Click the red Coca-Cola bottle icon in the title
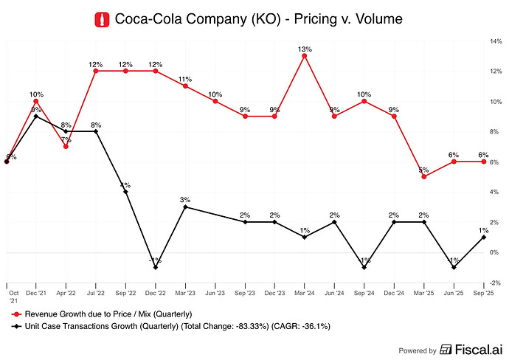(103, 19)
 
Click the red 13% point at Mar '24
(305, 56)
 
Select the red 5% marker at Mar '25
(424, 176)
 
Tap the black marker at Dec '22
(156, 267)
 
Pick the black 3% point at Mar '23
(185, 207)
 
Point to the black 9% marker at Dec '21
(36, 116)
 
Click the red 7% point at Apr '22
(66, 146)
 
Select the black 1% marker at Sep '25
(484, 237)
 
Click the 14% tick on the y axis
(495, 41)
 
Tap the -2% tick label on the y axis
(495, 283)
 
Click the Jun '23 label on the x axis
(215, 292)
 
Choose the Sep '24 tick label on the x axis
(364, 292)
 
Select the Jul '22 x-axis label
(96, 292)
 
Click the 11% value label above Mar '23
(185, 79)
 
